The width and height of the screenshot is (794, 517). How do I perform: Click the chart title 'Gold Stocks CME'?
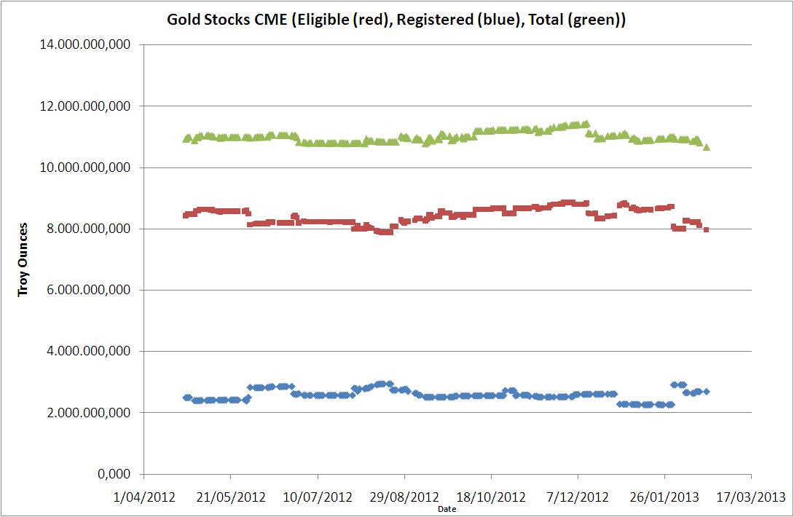(397, 20)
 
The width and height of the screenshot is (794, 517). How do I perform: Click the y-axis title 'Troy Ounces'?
(23, 259)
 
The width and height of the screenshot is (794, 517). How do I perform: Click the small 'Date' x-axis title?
(447, 509)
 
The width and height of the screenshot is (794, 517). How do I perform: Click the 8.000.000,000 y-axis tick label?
(90, 229)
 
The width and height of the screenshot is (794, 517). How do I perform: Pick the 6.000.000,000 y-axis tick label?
(90, 290)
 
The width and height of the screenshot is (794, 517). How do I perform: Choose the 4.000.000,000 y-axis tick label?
(90, 351)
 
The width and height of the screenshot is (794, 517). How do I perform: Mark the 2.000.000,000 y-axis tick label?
(90, 412)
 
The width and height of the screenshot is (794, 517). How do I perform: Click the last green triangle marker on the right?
(707, 147)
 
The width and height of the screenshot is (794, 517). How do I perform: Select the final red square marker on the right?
(707, 229)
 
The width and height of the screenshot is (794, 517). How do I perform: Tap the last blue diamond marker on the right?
(707, 392)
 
